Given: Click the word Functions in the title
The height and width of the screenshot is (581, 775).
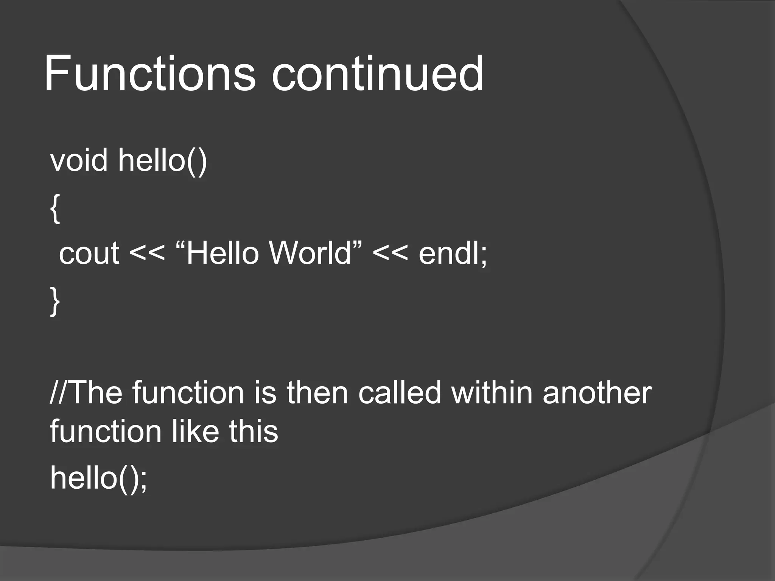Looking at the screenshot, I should click(149, 74).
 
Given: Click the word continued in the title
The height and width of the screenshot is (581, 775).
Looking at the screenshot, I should click(377, 74).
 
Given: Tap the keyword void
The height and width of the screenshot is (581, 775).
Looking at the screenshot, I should click(79, 160).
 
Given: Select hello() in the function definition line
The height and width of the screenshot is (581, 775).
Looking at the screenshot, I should click(163, 160).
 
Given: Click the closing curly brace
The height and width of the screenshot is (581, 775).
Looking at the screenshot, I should click(55, 301).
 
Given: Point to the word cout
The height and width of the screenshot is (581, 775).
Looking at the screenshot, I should click(89, 253).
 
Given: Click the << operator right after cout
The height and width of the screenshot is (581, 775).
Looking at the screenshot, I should click(147, 253).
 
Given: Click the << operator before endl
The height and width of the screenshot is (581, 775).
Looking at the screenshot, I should click(390, 253).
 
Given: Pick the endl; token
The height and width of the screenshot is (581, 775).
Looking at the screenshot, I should click(453, 253).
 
